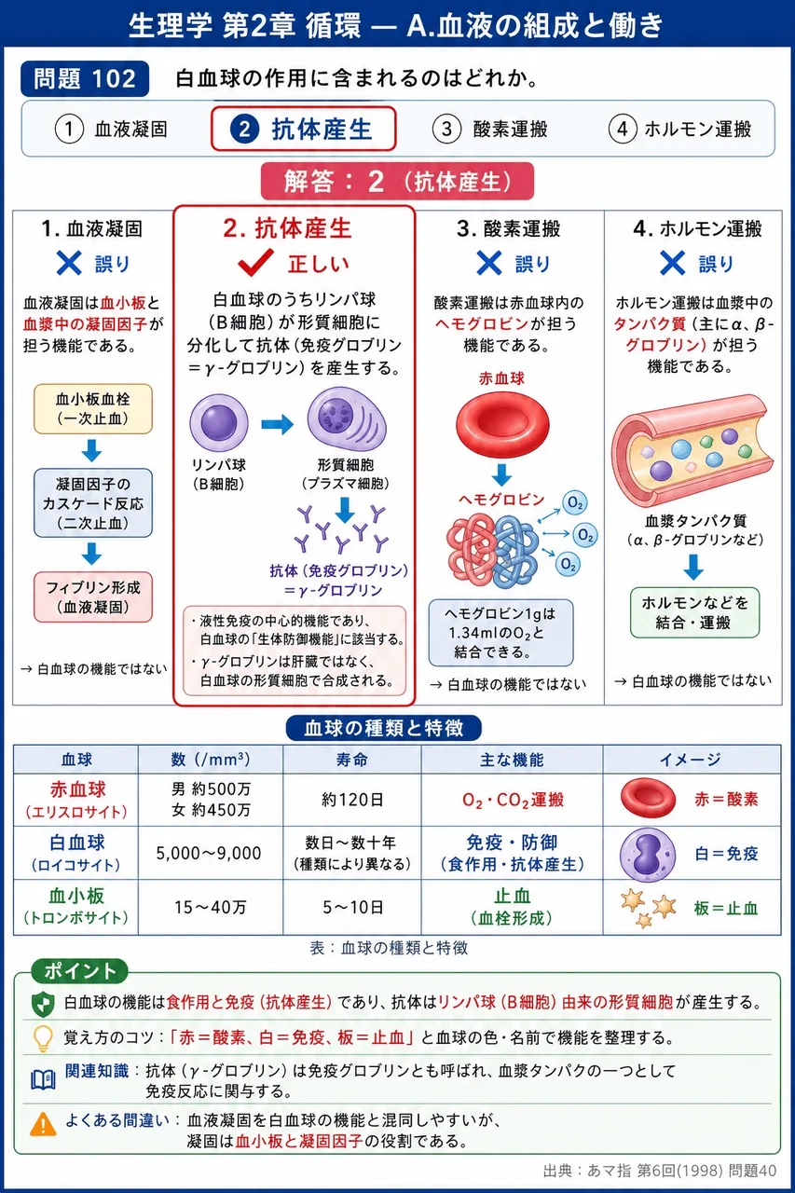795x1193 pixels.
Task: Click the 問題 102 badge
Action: [x=85, y=79]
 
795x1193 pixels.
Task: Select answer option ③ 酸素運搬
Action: [x=490, y=129]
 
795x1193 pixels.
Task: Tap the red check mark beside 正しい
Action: [x=255, y=262]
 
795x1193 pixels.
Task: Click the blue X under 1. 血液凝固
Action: [x=69, y=263]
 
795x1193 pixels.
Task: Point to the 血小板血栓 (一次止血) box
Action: [x=93, y=408]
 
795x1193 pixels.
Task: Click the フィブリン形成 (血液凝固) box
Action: [x=93, y=597]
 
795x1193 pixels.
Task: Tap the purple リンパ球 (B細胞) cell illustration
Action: [x=219, y=423]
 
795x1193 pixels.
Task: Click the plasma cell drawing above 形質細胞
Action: [x=347, y=419]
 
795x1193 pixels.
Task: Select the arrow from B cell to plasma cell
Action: [x=278, y=424]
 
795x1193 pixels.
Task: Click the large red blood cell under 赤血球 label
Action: [x=502, y=424]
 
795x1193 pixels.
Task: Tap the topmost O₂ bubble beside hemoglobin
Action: [x=575, y=502]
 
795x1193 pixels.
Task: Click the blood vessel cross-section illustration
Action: [x=692, y=450]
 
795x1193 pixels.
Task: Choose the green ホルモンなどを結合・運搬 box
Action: [x=695, y=612]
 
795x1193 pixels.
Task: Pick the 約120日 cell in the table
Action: [x=352, y=800]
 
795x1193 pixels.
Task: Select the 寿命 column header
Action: [x=352, y=759]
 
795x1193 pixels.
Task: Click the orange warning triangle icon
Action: [x=43, y=1124]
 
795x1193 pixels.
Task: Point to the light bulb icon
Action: [x=43, y=1038]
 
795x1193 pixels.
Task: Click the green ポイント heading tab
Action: [x=80, y=971]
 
